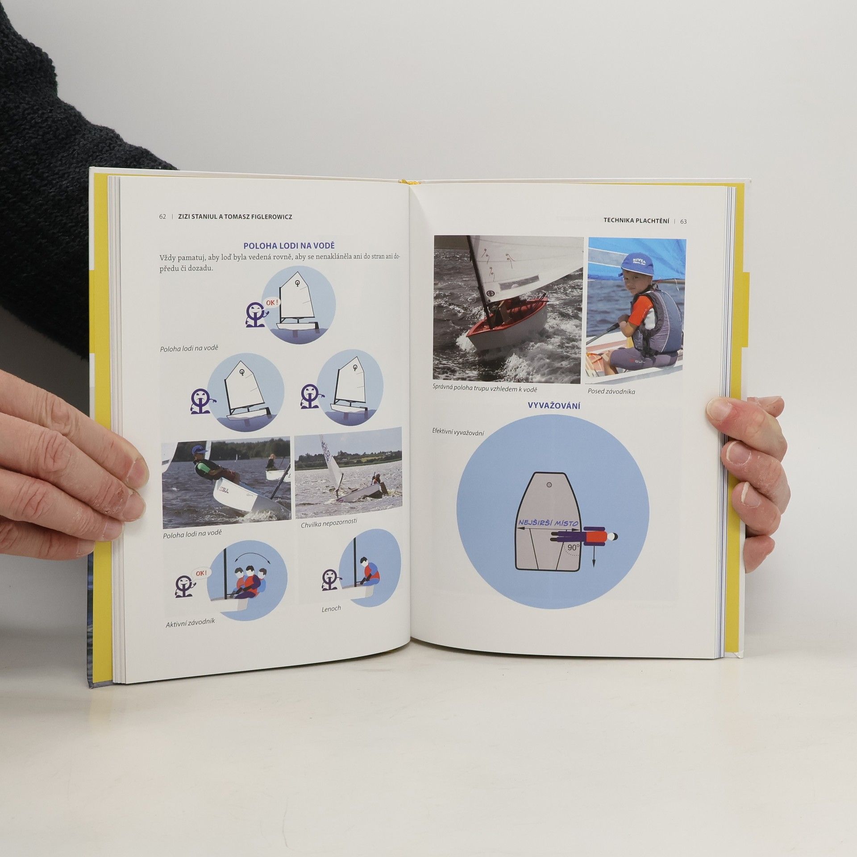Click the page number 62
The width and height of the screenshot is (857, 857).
[162, 216]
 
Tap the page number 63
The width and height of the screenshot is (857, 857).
[684, 221]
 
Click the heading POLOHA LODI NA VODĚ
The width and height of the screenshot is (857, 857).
[289, 245]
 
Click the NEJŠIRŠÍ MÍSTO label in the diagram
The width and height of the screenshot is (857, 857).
[548, 523]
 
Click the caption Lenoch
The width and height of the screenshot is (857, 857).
[331, 608]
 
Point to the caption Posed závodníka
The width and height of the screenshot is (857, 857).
[611, 391]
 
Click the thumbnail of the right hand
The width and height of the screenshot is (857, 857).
[720, 409]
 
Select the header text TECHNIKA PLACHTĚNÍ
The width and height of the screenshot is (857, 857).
[636, 220]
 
